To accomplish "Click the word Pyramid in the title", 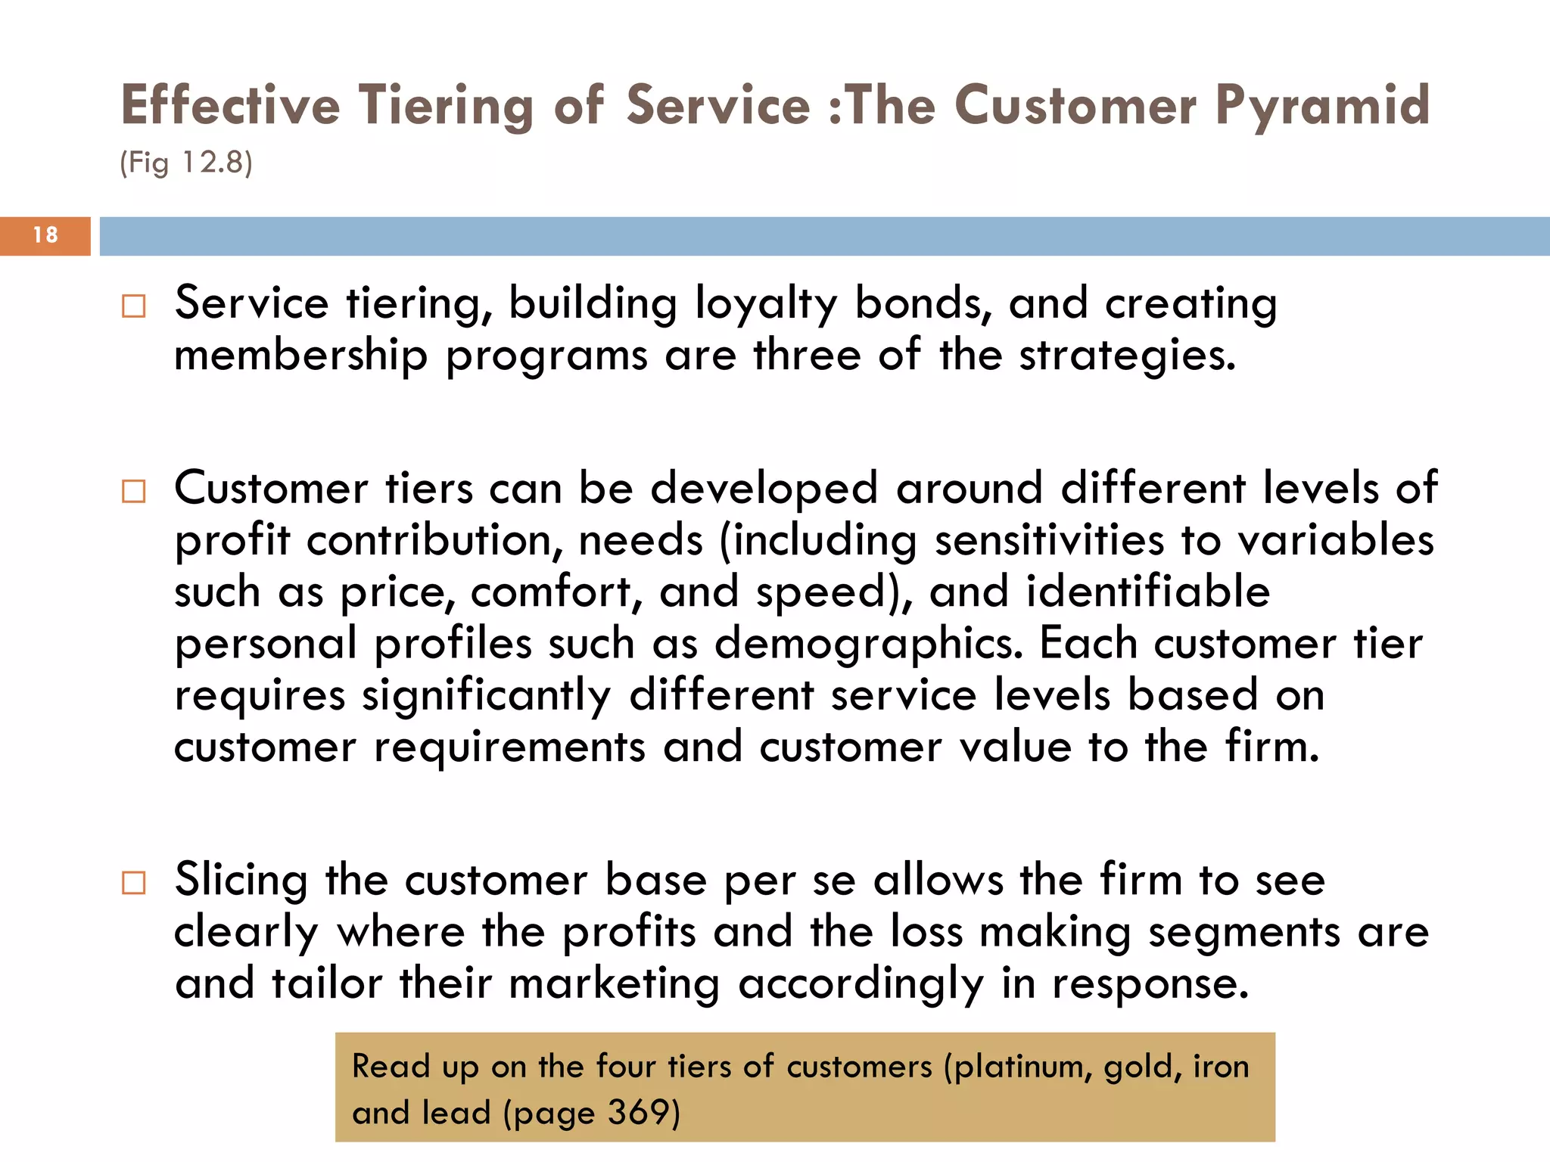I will point(1322,106).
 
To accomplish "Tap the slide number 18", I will point(45,235).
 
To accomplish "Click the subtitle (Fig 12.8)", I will point(186,163).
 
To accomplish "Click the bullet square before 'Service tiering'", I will point(134,306).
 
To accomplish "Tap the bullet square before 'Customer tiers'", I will point(134,492).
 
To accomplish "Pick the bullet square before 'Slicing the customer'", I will point(134,883).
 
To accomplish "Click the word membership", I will point(300,356).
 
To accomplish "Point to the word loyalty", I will point(766,305).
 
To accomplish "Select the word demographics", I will point(868,645).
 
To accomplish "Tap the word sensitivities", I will point(1049,541).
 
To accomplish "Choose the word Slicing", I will point(241,881).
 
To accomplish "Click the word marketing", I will point(614,984).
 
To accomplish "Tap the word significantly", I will point(486,696).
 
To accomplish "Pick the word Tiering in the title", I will point(446,106).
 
